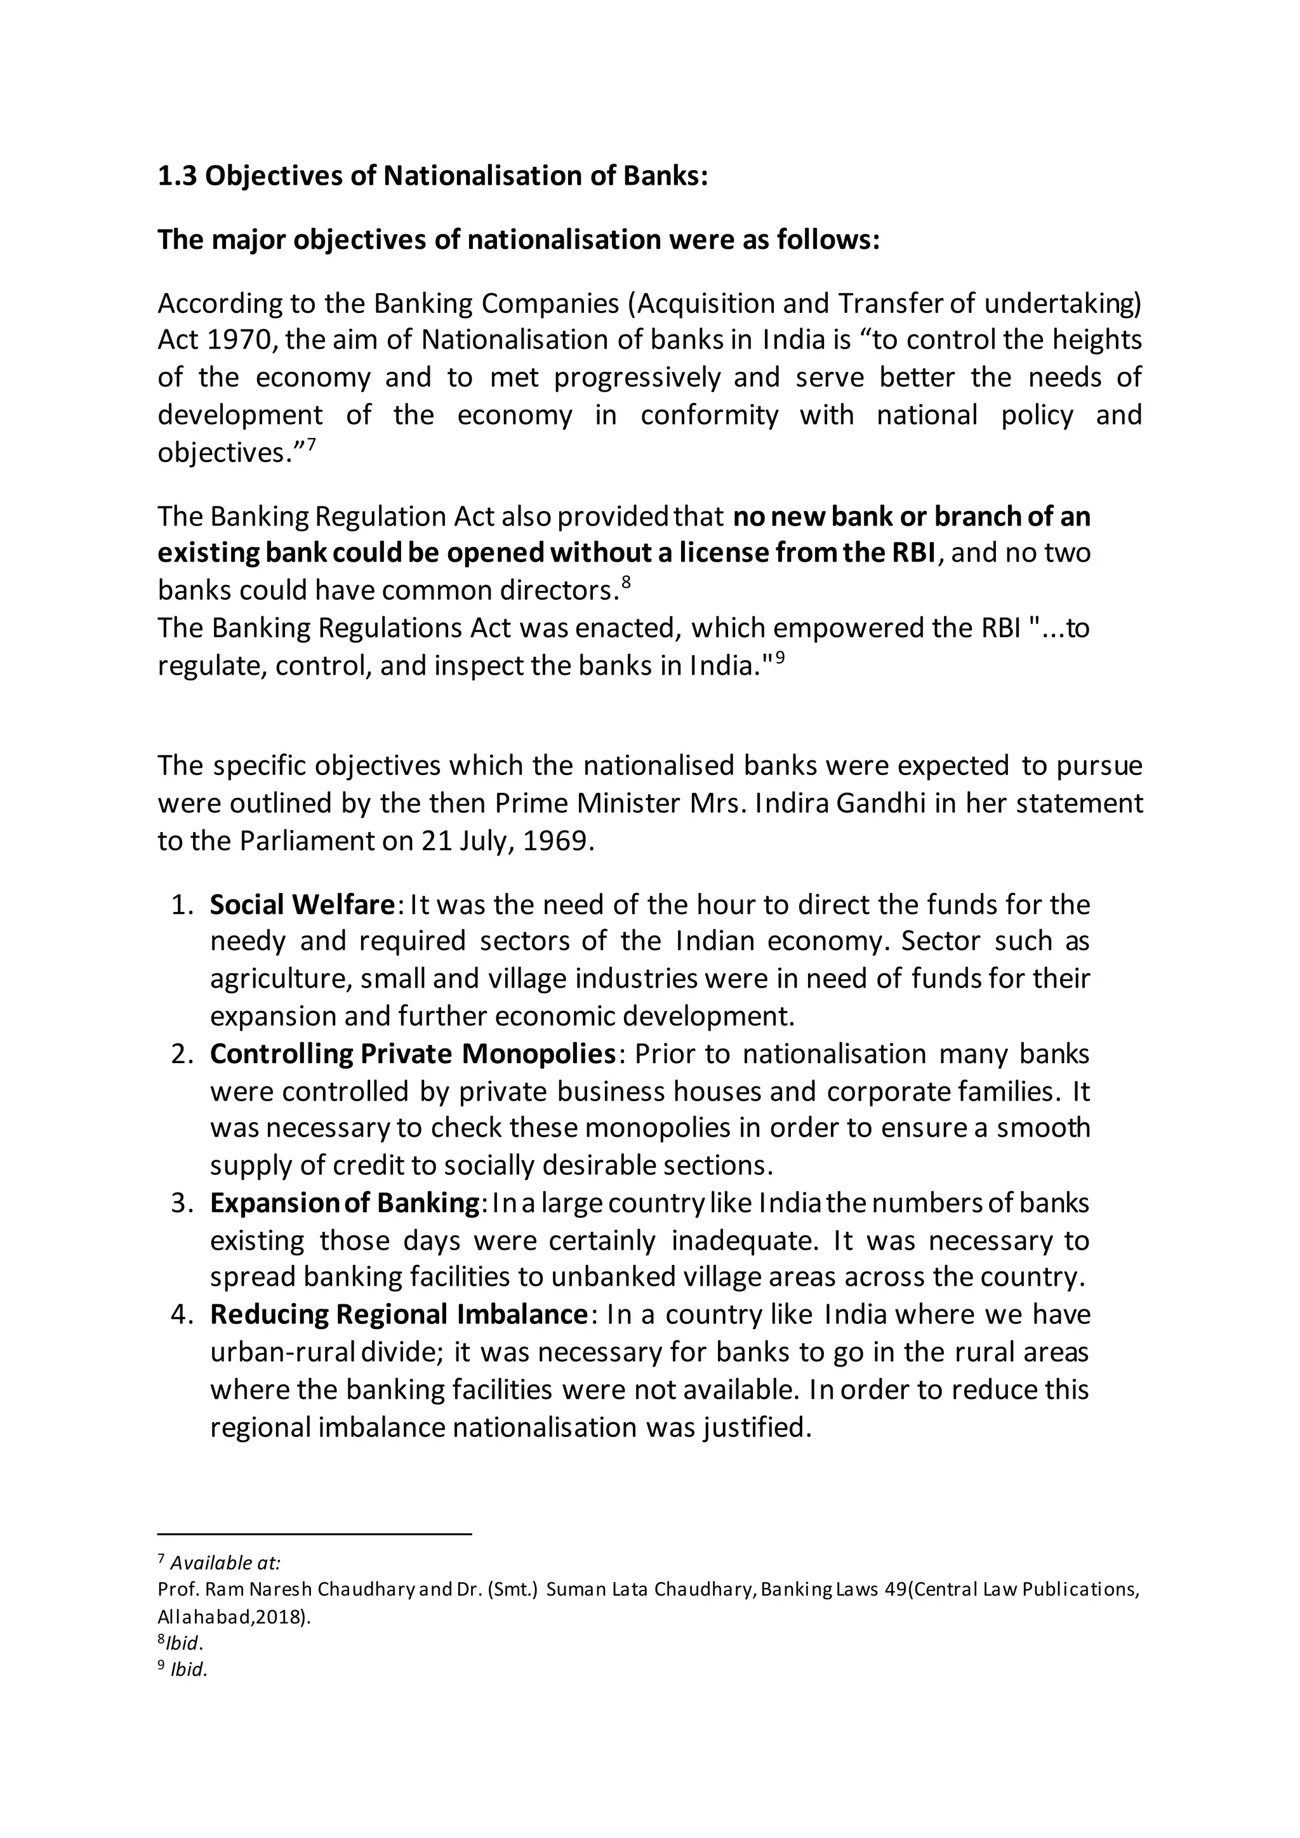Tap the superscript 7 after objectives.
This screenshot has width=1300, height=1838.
pos(312,444)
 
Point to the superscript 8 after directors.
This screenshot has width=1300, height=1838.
pos(627,582)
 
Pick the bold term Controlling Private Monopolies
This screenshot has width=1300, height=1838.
pos(412,1054)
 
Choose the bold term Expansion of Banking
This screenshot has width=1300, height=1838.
pos(344,1203)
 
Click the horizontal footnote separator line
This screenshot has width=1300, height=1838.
pos(315,1535)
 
